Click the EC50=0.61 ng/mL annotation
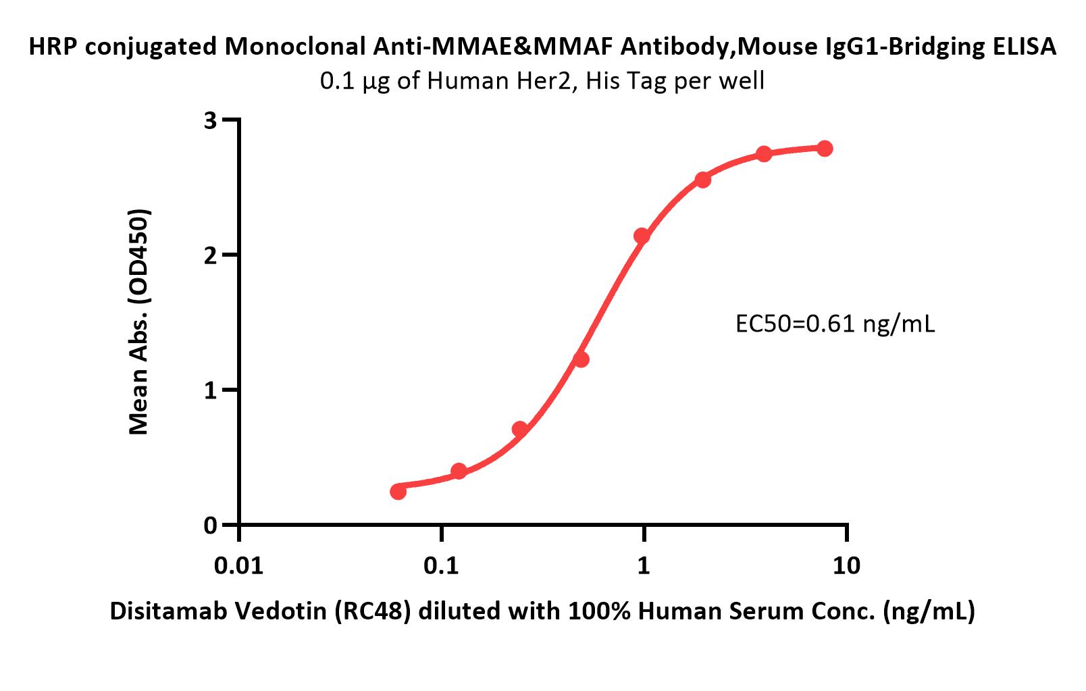point(835,325)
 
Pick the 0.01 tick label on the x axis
point(238,565)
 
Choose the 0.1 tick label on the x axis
point(441,565)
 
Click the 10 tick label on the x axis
point(847,565)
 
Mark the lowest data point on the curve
point(398,491)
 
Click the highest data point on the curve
point(825,149)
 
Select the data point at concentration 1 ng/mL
point(642,236)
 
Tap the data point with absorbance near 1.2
point(581,359)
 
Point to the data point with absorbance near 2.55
point(702,180)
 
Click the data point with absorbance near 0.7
point(520,430)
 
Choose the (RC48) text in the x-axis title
point(378,611)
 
